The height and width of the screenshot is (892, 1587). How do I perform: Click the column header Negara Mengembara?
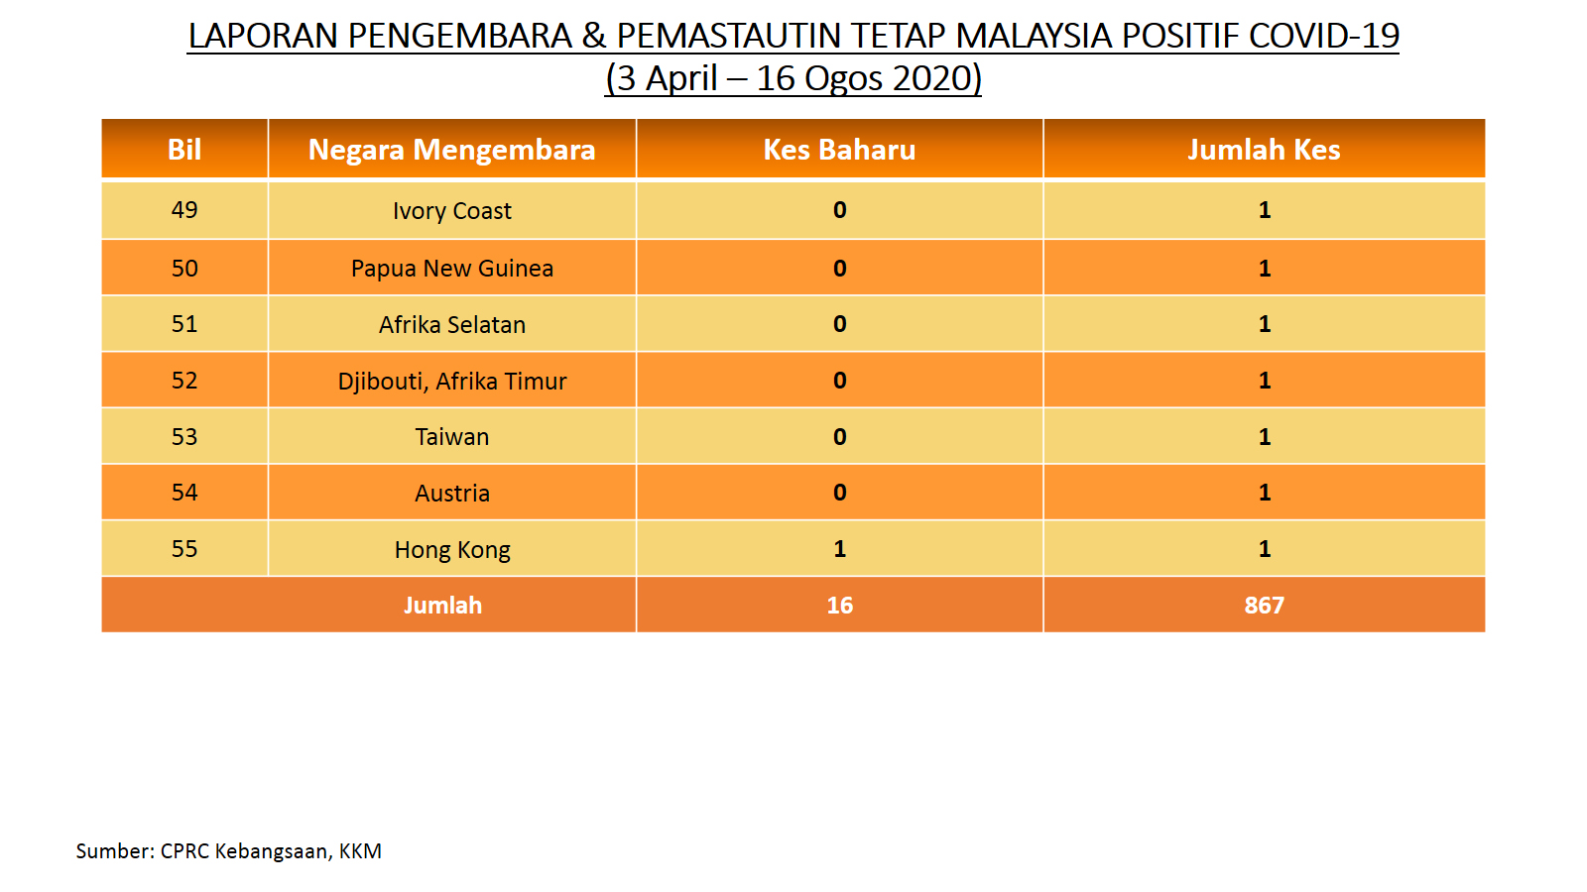[451, 150]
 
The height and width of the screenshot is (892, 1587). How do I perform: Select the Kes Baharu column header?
[839, 150]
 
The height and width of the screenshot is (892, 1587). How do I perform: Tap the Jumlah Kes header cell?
[1264, 150]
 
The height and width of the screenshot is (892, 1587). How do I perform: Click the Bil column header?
[184, 150]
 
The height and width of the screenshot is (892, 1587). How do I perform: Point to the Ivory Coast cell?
[452, 211]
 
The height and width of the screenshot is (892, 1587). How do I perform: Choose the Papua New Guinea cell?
[452, 269]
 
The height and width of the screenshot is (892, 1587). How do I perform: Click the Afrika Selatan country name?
[452, 324]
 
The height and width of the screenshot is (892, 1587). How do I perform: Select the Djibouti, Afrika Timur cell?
[452, 381]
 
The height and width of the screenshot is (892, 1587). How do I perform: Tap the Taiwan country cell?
[452, 437]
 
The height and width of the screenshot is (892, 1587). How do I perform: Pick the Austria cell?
[452, 493]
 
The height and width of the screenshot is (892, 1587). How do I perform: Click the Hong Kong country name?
[452, 550]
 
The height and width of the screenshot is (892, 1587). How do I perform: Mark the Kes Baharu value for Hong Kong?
[839, 549]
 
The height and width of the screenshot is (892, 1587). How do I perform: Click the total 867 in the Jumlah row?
[1264, 606]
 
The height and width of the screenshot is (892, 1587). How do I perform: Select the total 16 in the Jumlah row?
[839, 606]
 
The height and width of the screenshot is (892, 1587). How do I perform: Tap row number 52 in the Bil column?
[184, 381]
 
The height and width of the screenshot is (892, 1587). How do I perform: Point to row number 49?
[184, 209]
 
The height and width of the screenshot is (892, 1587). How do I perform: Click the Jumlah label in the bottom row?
[442, 606]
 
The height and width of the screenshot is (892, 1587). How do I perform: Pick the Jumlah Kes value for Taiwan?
[1265, 437]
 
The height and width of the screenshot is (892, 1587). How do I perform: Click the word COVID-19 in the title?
[1323, 36]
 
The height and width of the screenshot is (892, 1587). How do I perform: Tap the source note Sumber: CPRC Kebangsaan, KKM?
[229, 851]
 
